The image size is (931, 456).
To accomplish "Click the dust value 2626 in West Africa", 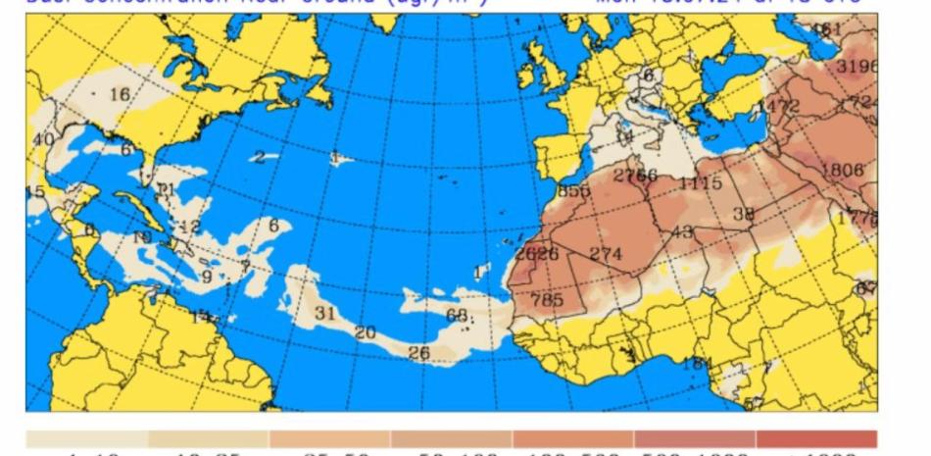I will tap(536, 254).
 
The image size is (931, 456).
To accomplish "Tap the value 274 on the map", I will tap(606, 254).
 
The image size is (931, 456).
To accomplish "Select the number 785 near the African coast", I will tap(546, 300).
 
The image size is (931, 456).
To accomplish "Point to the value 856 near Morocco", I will tap(572, 191).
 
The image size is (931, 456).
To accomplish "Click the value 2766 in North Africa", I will tap(635, 176).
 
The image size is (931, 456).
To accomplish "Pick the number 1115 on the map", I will tap(700, 183).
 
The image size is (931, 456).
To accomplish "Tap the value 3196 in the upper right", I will tap(857, 67).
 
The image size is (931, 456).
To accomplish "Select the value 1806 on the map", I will tap(842, 170).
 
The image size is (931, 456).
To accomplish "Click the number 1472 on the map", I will tap(778, 106).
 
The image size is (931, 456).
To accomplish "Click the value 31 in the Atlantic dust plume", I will tap(325, 314).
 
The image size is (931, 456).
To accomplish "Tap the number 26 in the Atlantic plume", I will tap(418, 353).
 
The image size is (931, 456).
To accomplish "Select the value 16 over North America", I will tap(120, 94).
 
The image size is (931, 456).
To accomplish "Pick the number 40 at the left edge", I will tap(43, 139).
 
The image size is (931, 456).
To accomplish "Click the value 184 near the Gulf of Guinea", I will tap(697, 364).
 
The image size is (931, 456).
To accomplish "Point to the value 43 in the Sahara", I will tap(682, 232).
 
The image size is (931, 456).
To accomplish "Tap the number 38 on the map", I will tap(744, 214).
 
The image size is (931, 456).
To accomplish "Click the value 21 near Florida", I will tap(165, 188).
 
